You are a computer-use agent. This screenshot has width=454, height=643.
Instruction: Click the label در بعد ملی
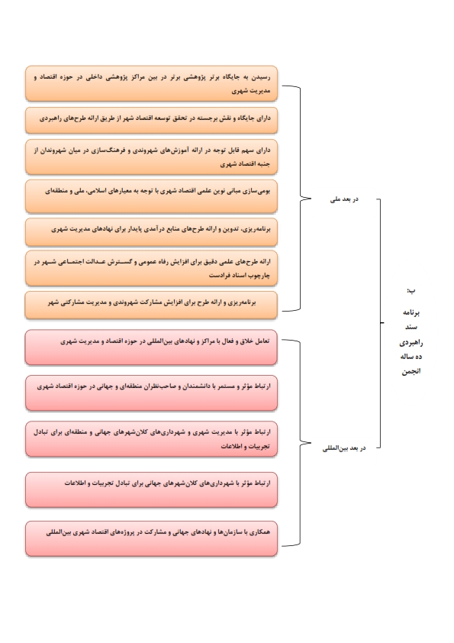(344, 199)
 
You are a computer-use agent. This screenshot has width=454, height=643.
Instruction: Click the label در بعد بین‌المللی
(344, 448)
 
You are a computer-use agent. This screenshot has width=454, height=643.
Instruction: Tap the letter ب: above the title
(411, 290)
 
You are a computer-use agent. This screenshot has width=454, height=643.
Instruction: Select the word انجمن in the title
(411, 372)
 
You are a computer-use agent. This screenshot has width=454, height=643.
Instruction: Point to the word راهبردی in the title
(411, 342)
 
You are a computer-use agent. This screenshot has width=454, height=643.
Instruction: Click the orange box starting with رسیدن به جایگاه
(151, 83)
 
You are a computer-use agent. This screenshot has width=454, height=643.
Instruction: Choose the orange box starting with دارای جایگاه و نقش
(151, 120)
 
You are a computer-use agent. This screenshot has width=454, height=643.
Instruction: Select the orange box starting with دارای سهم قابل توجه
(151, 157)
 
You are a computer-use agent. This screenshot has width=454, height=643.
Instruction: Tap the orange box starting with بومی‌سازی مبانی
(151, 196)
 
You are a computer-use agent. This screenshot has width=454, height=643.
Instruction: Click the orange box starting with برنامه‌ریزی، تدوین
(151, 231)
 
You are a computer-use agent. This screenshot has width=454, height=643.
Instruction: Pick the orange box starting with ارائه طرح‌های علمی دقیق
(151, 268)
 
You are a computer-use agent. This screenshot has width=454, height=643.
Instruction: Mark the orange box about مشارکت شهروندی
(151, 305)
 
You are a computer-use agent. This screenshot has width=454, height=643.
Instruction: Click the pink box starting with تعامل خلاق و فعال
(151, 347)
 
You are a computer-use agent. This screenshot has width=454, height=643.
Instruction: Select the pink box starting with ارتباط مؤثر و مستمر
(151, 393)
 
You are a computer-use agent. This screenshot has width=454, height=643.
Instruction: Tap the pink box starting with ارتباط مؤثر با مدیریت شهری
(151, 439)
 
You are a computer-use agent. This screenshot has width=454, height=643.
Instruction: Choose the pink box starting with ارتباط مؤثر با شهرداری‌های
(151, 490)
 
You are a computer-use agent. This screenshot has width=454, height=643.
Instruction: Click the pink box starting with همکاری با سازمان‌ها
(151, 538)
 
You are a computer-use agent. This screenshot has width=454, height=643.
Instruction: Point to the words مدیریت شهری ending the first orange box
(251, 91)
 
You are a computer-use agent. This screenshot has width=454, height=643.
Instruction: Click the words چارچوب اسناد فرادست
(240, 275)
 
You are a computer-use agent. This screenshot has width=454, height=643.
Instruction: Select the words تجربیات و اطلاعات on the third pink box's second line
(246, 446)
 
